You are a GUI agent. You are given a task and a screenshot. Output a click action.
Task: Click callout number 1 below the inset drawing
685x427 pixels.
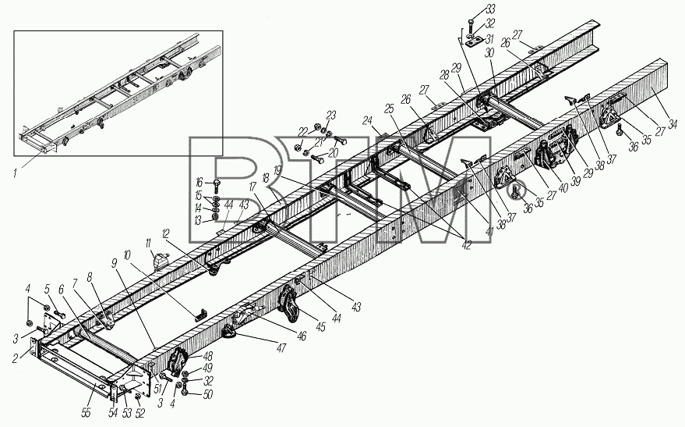(x=16, y=173)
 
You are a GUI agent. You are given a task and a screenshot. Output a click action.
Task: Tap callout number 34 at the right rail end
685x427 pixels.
(x=673, y=125)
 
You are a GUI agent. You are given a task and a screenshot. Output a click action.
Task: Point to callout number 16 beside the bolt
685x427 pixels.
(x=199, y=182)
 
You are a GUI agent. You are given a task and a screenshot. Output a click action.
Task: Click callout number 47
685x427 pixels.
(x=281, y=348)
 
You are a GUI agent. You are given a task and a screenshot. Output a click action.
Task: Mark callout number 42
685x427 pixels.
(x=467, y=245)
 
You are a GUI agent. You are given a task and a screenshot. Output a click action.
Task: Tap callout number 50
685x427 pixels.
(x=207, y=395)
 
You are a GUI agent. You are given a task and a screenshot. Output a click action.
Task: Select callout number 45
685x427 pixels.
(x=320, y=326)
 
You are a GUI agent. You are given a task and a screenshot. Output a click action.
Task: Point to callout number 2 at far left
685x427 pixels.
(x=16, y=359)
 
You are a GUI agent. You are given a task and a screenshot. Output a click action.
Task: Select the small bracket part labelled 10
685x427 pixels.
(x=201, y=313)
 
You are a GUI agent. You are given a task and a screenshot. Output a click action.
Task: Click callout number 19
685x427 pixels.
(x=277, y=169)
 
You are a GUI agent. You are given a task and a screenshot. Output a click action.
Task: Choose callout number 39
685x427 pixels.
(x=576, y=180)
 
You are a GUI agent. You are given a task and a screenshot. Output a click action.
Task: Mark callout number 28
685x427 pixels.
(x=444, y=75)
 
